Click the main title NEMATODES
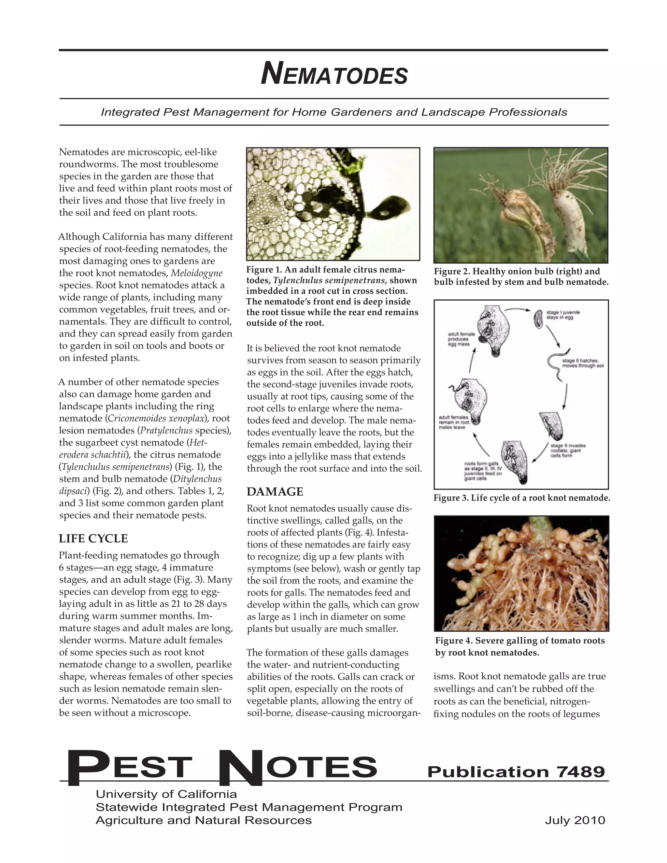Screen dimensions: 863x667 coord(334,74)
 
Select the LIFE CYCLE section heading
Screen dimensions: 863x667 coord(93,538)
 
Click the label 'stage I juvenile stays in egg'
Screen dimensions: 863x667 coord(563,315)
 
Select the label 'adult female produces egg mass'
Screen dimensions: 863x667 coord(458,339)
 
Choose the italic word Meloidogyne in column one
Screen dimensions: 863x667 coord(196,273)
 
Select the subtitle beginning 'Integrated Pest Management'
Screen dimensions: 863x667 coord(334,112)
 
